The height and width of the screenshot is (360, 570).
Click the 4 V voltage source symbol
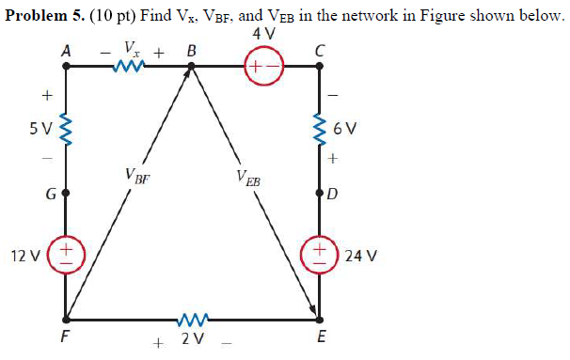click(263, 67)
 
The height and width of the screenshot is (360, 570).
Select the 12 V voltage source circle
click(66, 255)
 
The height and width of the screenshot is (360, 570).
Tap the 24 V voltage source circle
click(320, 255)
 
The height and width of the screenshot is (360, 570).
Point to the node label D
click(333, 196)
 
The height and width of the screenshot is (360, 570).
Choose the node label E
click(320, 339)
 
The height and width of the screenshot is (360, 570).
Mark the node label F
click(64, 339)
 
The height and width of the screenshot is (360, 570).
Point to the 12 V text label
click(24, 255)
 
